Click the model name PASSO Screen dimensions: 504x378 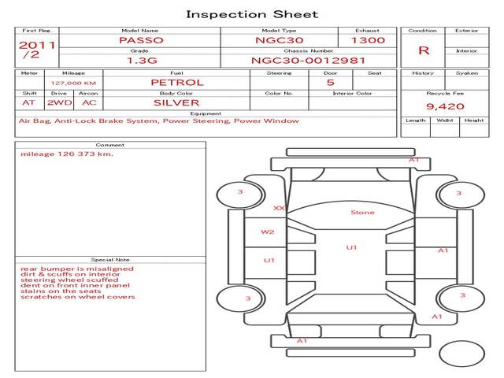point(141,40)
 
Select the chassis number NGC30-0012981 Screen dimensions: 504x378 point(308,61)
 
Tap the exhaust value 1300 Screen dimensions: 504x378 point(368,40)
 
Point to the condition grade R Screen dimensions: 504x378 point(424,50)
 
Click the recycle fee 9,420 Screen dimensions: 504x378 point(445,106)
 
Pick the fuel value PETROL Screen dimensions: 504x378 point(177,83)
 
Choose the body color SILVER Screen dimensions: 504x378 point(176,103)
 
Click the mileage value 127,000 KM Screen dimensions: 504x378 point(73,83)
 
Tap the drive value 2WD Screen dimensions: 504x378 point(60,103)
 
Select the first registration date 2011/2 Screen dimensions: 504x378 point(37,50)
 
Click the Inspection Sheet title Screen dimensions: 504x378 point(252,14)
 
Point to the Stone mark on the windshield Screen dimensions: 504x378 point(362,213)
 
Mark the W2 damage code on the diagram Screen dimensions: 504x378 point(268,232)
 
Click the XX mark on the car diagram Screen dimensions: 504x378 point(279,208)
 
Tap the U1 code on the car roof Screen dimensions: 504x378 point(351,247)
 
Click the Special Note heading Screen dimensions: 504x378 point(110,260)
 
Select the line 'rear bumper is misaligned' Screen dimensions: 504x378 point(77,269)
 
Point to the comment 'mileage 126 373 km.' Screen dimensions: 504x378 point(67,154)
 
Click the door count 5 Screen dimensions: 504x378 point(331,83)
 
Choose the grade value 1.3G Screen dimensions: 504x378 point(142,61)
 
